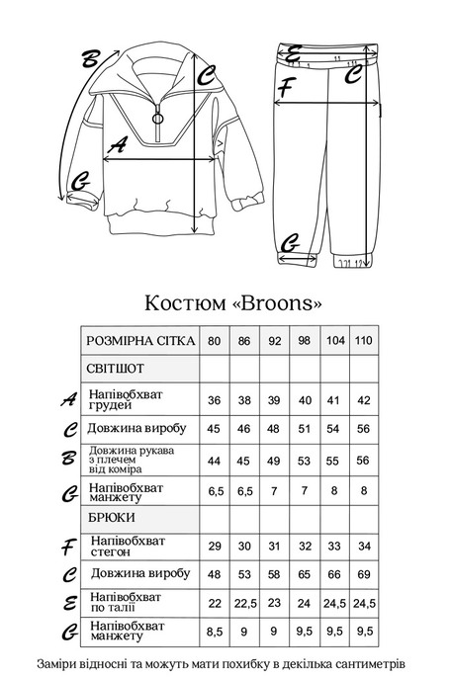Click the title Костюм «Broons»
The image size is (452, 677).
[233, 299]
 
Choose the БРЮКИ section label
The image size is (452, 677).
[111, 516]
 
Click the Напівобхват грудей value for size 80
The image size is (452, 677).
[214, 400]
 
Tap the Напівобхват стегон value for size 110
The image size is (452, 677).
[364, 546]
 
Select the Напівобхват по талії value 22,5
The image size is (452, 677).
[243, 602]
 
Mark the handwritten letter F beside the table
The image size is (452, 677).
[68, 546]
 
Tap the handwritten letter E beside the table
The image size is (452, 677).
[68, 603]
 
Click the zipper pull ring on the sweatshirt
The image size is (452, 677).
[156, 119]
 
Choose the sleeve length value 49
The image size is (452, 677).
[274, 461]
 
